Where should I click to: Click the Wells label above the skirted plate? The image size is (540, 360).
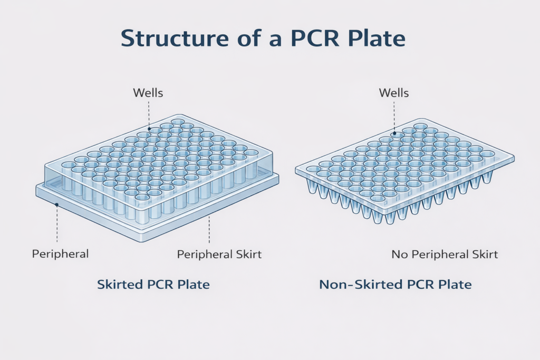(148, 93)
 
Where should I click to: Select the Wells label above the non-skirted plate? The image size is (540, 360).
(393, 93)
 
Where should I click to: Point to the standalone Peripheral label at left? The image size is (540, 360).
(60, 254)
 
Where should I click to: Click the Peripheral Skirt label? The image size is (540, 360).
(219, 255)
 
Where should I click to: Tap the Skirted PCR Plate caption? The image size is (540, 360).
(153, 285)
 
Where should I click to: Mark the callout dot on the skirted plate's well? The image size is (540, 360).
(149, 128)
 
